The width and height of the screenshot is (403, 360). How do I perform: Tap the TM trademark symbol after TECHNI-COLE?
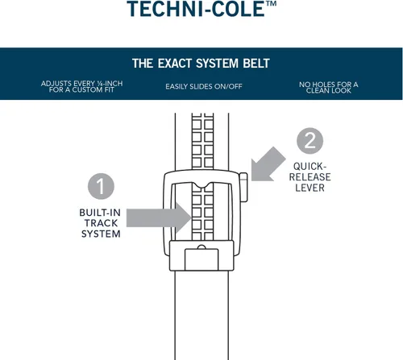[x=271, y=3]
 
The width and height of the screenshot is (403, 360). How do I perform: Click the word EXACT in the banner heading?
[x=175, y=64]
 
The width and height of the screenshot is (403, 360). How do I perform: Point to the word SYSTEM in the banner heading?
[x=217, y=64]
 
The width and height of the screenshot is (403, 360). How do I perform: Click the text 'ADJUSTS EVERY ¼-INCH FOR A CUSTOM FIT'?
[x=81, y=86]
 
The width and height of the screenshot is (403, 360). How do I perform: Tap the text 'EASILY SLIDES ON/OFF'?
[x=204, y=86]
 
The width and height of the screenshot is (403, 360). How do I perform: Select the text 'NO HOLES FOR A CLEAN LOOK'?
[x=328, y=88]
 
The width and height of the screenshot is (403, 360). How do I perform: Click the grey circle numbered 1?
[x=101, y=186]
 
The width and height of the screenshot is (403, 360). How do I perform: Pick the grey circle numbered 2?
[x=310, y=141]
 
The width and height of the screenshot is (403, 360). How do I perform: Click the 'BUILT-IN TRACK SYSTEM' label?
[x=100, y=223]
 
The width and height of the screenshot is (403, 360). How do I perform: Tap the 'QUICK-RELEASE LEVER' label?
[x=310, y=177]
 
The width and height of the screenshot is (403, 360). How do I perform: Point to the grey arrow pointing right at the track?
[x=159, y=217]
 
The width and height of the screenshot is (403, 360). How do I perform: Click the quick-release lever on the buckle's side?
[x=243, y=187]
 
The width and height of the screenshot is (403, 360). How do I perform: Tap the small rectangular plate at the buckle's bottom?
[x=201, y=259]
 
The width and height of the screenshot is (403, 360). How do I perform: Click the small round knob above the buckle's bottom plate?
[x=201, y=247]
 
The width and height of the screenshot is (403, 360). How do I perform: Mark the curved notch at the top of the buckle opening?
[x=202, y=185]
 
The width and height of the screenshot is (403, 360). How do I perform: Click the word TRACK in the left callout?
[x=101, y=223]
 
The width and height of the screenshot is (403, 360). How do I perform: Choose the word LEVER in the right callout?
[x=310, y=188]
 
